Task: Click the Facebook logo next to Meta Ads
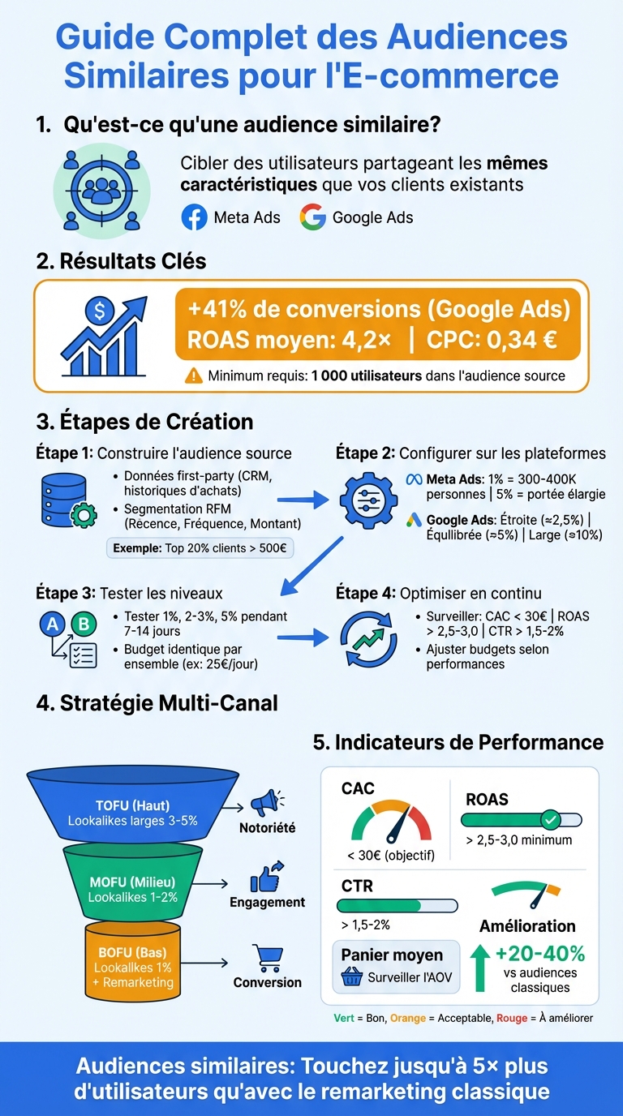(x=194, y=217)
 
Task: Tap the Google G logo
(x=312, y=217)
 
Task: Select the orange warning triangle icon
(x=194, y=376)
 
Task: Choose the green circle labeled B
(x=82, y=624)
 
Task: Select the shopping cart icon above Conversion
(x=267, y=958)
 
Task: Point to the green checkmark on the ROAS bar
(x=551, y=819)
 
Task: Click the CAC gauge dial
(x=391, y=821)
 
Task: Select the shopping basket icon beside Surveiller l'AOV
(x=352, y=976)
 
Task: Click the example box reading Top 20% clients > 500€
(x=200, y=547)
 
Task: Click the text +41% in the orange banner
(x=220, y=310)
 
